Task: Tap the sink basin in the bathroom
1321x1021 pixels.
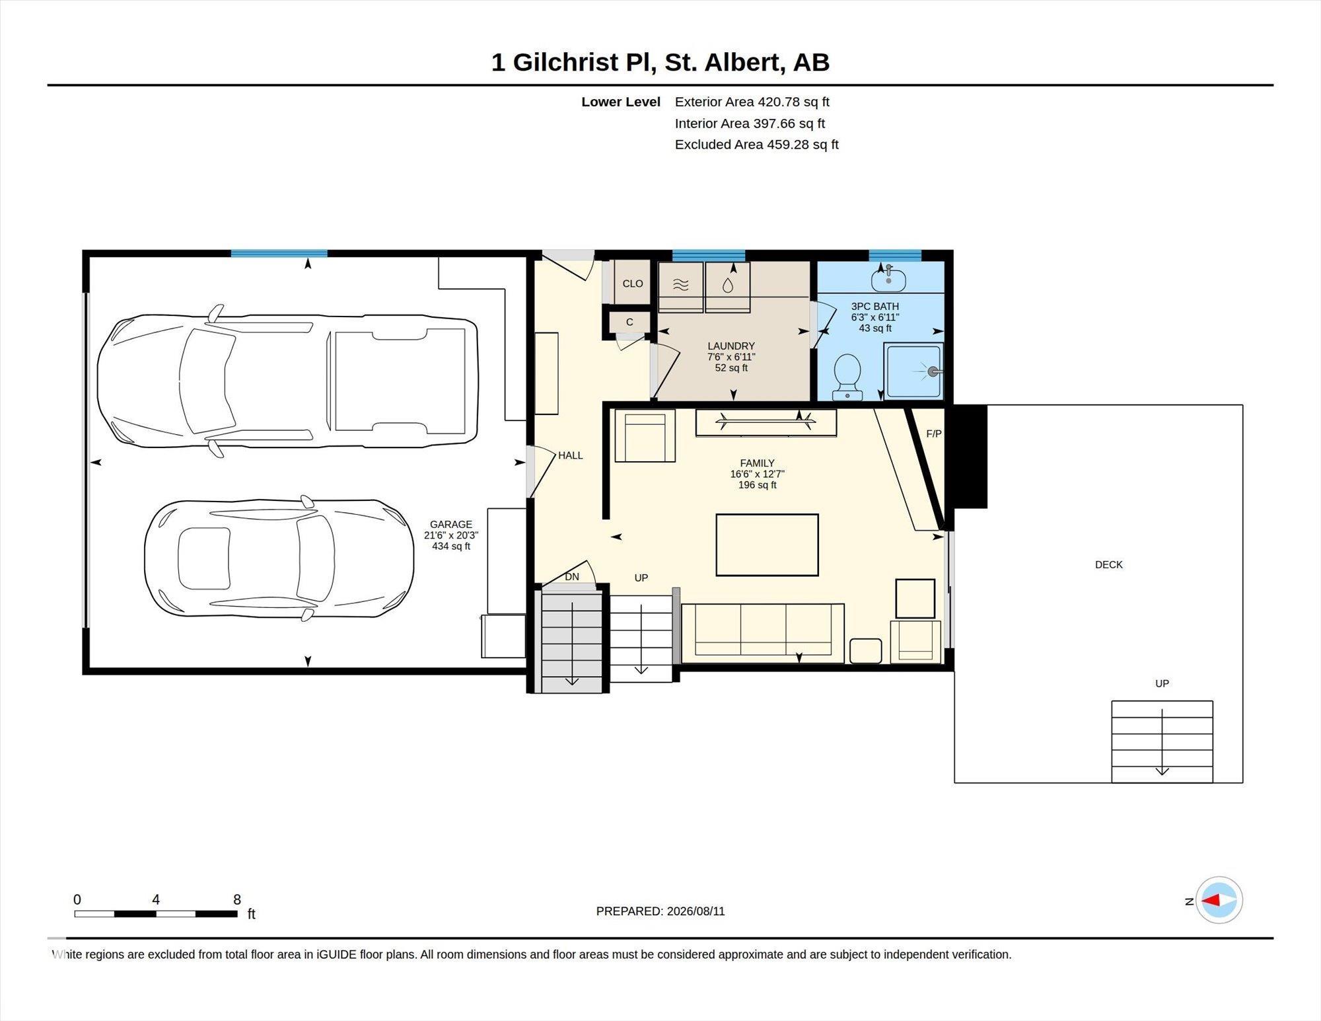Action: [888, 280]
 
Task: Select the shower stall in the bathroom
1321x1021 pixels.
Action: [914, 371]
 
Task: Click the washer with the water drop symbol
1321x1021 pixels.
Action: [727, 287]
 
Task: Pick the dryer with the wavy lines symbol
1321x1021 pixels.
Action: [680, 287]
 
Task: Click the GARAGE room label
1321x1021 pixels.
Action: [451, 525]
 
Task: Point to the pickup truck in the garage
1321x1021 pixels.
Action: [287, 381]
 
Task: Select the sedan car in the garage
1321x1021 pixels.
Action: [279, 558]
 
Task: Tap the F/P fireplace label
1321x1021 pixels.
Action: [934, 434]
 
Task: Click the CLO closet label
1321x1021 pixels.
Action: [633, 284]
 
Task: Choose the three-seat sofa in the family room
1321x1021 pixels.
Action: [763, 633]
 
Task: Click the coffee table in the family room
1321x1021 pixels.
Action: [768, 545]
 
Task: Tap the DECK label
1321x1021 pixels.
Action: [1108, 564]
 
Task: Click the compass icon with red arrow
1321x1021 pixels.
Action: [1219, 900]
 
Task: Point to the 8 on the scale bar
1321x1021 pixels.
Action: [237, 899]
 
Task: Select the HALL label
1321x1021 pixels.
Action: [571, 455]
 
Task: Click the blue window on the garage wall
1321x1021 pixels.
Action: [279, 253]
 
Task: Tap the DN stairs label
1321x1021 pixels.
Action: [572, 577]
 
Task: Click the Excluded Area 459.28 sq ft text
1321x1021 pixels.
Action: [757, 144]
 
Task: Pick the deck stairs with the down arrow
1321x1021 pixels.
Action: [1162, 741]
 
